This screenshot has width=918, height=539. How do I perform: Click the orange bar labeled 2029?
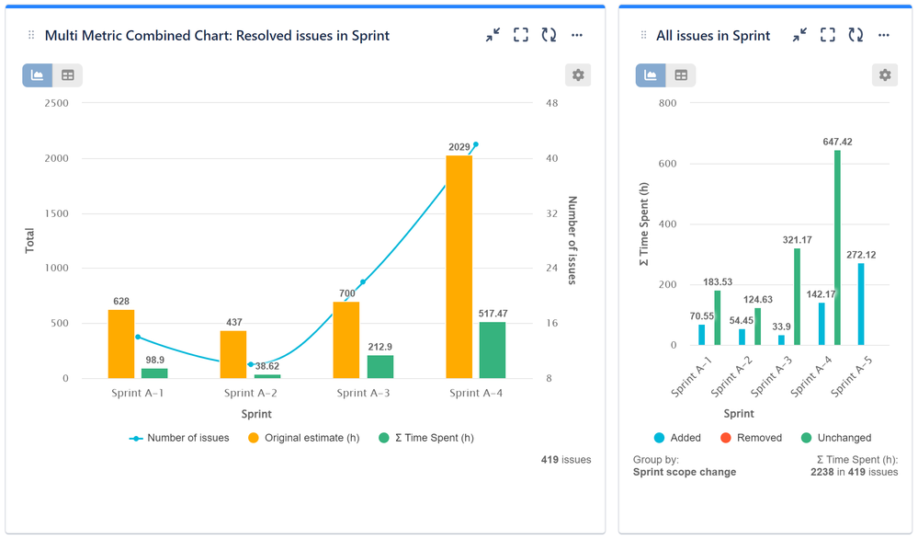[459, 267]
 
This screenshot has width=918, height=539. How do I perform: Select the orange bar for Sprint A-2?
[233, 355]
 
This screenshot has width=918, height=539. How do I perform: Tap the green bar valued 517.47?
[493, 350]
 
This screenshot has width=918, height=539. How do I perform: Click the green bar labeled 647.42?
[837, 247]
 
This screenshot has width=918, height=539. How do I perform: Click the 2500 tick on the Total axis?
[56, 103]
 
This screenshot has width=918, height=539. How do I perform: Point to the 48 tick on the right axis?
[551, 103]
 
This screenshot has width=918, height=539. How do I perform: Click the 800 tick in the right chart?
[667, 103]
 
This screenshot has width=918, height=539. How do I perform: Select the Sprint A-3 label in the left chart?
[364, 394]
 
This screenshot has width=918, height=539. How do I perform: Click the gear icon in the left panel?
[578, 75]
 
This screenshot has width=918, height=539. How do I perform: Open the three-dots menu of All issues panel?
[884, 35]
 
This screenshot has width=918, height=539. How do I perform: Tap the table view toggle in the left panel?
[68, 75]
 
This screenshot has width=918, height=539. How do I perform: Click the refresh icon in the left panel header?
[549, 35]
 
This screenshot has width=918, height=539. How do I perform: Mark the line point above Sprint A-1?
[137, 337]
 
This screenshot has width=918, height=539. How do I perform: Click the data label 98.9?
[154, 359]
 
